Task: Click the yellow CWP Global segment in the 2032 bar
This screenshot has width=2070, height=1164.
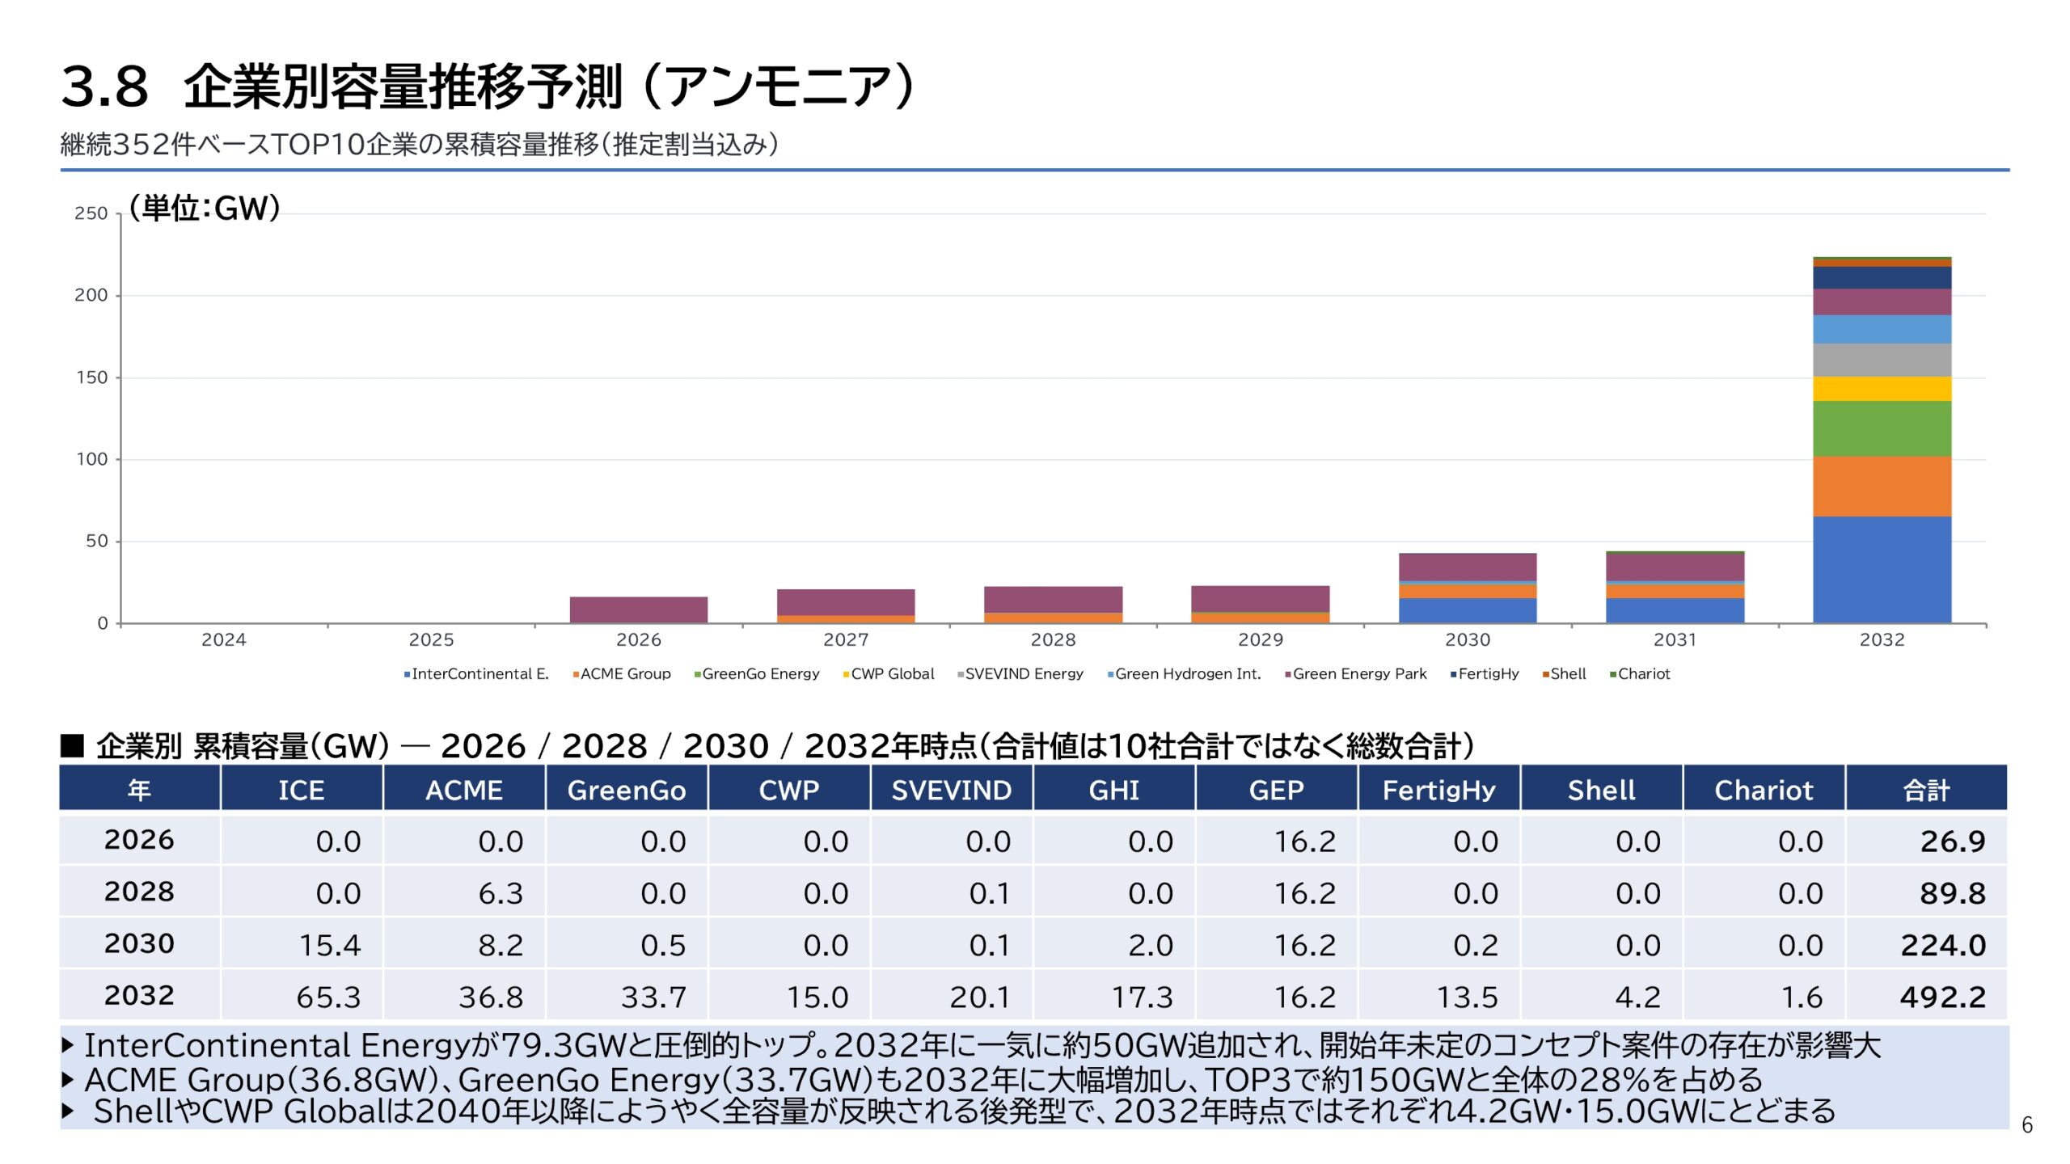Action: [1882, 389]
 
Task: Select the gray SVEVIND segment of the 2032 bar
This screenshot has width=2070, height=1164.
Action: [1882, 360]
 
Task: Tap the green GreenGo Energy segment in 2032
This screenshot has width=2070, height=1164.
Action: [1882, 428]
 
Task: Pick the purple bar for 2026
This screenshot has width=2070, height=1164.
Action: [638, 609]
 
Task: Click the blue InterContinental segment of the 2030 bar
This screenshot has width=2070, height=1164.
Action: [1467, 610]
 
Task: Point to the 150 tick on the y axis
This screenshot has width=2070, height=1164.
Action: [91, 377]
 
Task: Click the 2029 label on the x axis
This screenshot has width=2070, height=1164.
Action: [1260, 640]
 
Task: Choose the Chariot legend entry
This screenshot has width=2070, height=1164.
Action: [1643, 674]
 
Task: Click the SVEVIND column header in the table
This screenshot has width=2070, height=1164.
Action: [951, 790]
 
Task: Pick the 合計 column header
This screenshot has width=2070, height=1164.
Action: [1926, 790]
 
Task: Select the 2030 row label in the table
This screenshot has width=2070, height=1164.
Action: [139, 944]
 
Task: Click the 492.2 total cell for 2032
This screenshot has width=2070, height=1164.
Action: [1942, 997]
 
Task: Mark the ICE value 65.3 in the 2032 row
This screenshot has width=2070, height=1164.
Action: [328, 997]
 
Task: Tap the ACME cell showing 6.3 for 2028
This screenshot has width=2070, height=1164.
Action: [501, 893]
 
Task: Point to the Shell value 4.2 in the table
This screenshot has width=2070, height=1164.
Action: [1637, 997]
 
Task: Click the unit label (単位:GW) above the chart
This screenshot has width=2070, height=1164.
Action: [205, 209]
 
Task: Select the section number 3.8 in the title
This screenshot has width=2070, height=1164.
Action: [105, 87]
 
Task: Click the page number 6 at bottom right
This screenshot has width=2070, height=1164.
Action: [2026, 1124]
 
